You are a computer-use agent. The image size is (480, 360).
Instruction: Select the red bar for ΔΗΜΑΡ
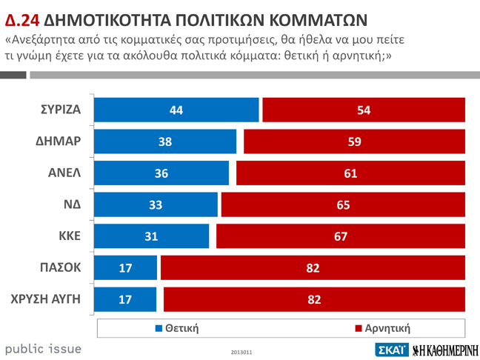(354, 141)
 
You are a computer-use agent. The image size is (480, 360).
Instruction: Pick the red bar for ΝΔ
(343, 204)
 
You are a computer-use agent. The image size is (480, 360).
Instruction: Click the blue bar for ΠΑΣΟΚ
(127, 267)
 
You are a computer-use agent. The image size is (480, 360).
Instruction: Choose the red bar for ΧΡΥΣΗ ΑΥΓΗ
(314, 299)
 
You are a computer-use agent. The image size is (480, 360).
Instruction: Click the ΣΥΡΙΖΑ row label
(61, 110)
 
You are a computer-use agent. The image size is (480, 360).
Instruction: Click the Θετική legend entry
(177, 327)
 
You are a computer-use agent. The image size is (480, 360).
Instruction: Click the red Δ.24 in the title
(21, 18)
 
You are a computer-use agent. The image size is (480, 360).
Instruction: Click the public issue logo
(43, 348)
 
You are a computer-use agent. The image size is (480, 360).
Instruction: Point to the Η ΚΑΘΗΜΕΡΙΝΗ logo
(444, 350)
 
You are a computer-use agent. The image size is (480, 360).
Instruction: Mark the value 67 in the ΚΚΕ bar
(340, 236)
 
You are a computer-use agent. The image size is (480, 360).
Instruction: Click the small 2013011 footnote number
(241, 352)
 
